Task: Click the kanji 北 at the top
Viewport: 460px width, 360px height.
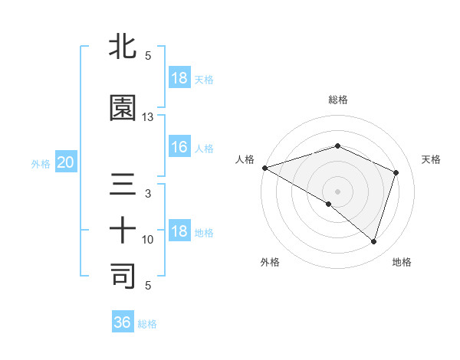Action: point(123,47)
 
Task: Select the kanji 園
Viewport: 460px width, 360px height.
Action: point(123,108)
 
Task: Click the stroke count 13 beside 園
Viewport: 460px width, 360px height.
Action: point(148,117)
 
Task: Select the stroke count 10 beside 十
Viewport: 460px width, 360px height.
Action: point(148,240)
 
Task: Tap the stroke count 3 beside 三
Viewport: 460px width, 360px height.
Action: point(148,194)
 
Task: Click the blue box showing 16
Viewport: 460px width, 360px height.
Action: point(179,148)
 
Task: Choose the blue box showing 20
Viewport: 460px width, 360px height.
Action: point(65,162)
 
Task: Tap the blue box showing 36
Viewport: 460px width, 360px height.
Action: point(123,322)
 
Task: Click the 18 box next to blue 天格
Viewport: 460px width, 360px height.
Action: point(179,78)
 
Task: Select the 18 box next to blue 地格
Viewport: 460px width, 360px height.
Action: point(179,232)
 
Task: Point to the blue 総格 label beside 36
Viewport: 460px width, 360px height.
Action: point(147,324)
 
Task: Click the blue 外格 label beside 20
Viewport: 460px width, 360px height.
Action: point(41,164)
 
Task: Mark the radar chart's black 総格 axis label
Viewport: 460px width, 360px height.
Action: point(337,100)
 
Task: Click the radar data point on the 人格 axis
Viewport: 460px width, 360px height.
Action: point(264,168)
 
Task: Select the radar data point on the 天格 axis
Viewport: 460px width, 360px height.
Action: point(396,172)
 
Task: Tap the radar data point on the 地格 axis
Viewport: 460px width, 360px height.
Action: point(373,241)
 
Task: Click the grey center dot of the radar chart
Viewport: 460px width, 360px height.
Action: point(337,191)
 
